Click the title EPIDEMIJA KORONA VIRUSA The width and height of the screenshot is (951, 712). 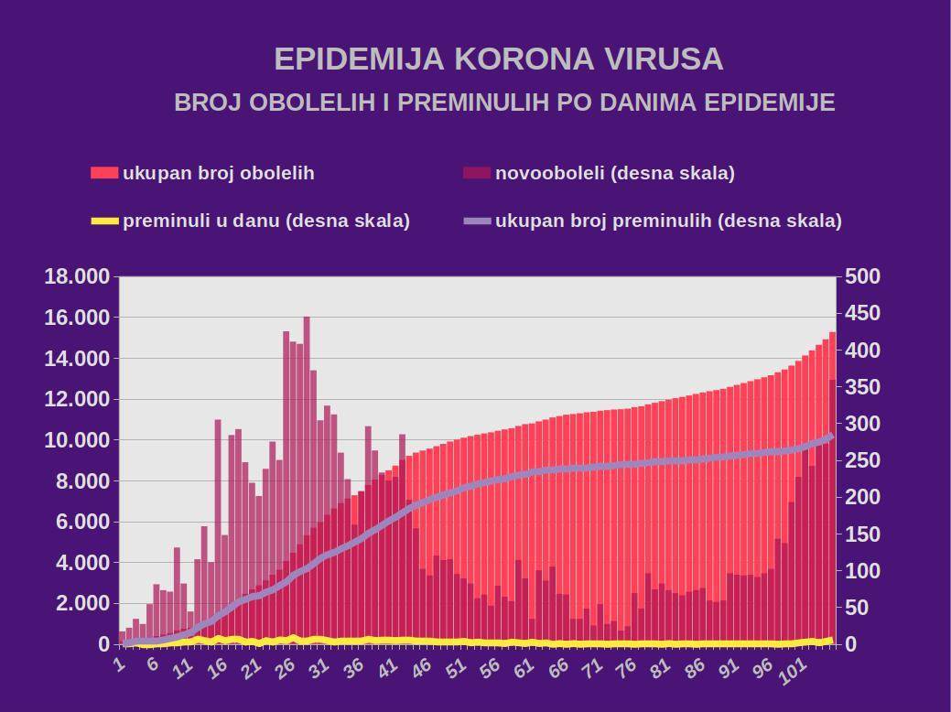tap(499, 59)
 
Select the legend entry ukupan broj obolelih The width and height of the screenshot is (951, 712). tap(218, 173)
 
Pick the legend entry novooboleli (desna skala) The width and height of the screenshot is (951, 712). tap(614, 173)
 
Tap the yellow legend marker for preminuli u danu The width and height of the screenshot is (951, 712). tap(104, 221)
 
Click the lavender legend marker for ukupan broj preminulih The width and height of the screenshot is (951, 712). tap(477, 221)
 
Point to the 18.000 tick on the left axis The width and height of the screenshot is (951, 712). tap(77, 276)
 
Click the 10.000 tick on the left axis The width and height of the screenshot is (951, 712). tap(77, 440)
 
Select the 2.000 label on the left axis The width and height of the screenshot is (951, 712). tap(82, 604)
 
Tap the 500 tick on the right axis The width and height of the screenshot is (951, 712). tap(861, 276)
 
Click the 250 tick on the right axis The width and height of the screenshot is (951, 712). tap(861, 460)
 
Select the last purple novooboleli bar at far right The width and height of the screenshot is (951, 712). tap(832, 512)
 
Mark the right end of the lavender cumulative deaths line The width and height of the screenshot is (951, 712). tap(832, 436)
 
